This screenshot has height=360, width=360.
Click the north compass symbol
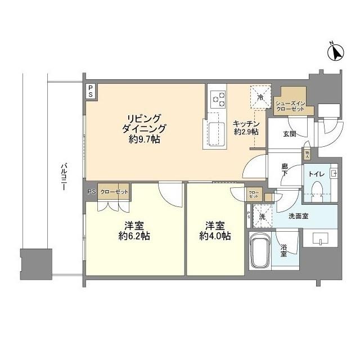[x=336, y=52]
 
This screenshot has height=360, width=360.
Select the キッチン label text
[x=246, y=123]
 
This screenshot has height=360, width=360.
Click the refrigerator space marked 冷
[x=260, y=96]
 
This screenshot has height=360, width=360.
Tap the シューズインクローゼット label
[x=290, y=105]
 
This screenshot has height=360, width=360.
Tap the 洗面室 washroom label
[x=298, y=216]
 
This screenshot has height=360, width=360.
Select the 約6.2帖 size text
[x=133, y=236]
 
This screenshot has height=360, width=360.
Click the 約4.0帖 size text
[x=214, y=236]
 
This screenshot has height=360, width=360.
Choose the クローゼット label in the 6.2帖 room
[x=114, y=192]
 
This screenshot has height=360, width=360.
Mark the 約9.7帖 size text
[x=144, y=139]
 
